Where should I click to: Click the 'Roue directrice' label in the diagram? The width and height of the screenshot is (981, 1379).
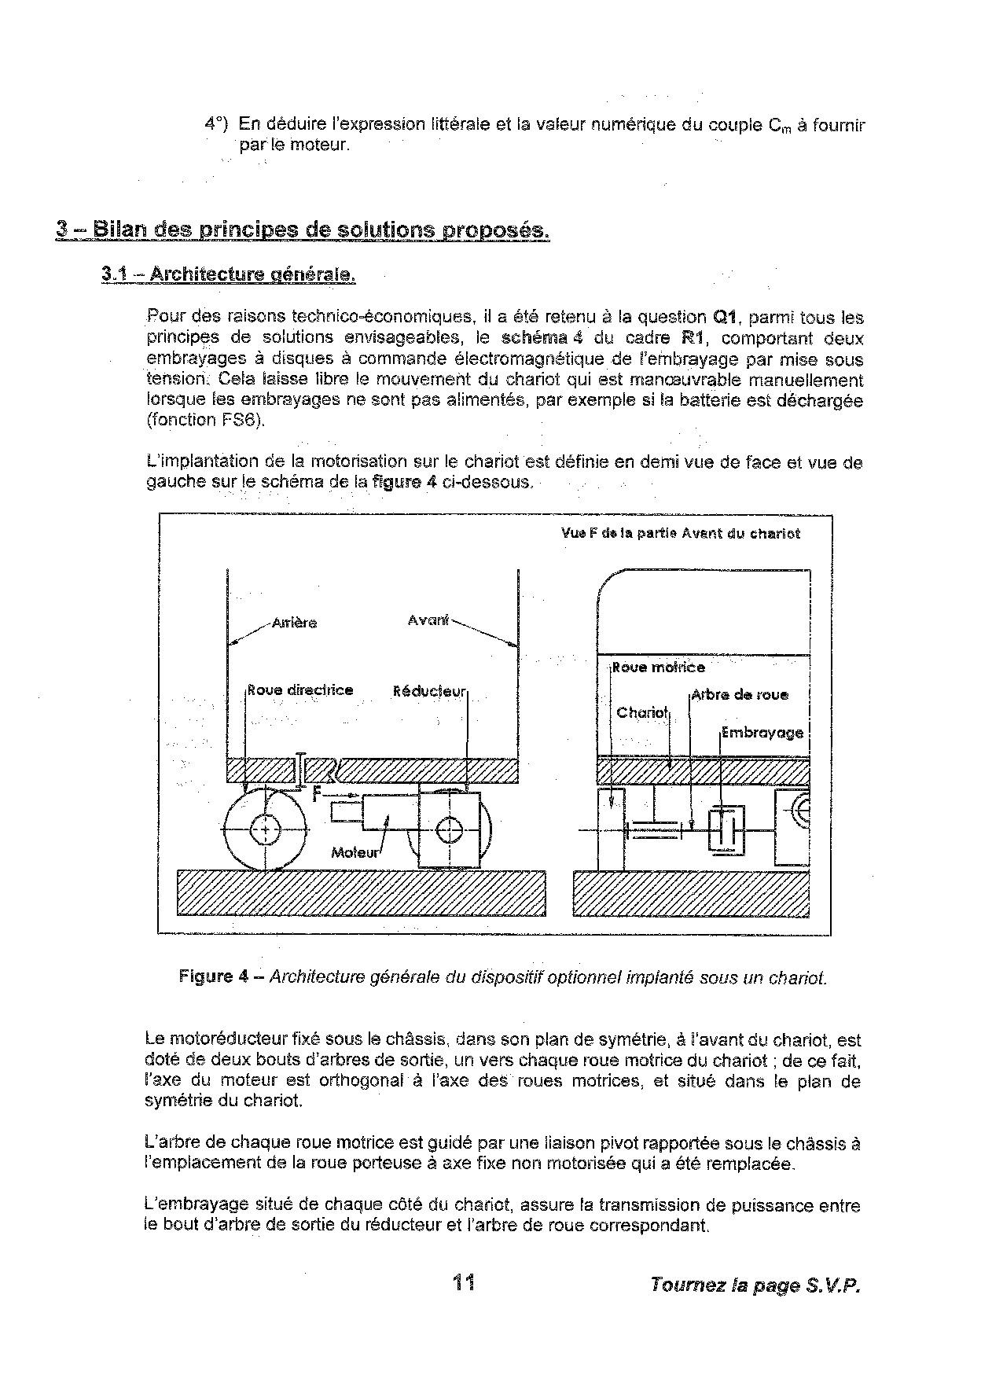coord(300,690)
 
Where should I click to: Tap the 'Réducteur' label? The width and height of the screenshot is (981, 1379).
coord(429,692)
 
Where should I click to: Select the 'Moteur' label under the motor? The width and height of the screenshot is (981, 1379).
coord(355,852)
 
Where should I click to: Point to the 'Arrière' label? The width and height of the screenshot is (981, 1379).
coord(294,623)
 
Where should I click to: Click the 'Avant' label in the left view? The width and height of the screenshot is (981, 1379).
coord(428,620)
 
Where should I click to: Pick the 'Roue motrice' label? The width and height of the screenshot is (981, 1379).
coord(659,667)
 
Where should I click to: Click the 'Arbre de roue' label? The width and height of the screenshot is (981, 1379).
coord(740,695)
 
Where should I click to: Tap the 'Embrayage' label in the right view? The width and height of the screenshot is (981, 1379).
coord(762,733)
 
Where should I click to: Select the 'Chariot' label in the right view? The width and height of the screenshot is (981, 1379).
coord(641,713)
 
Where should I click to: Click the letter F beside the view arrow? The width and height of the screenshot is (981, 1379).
coord(317,795)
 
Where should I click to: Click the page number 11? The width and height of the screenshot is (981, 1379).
coord(463,1283)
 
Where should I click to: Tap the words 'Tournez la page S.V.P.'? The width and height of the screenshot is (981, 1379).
coord(755,1285)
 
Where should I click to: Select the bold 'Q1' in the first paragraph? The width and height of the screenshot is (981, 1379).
coord(723,318)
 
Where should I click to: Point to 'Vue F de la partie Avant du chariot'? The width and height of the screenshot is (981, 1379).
coord(681,533)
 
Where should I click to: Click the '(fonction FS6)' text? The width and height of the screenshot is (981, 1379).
coord(207,420)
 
